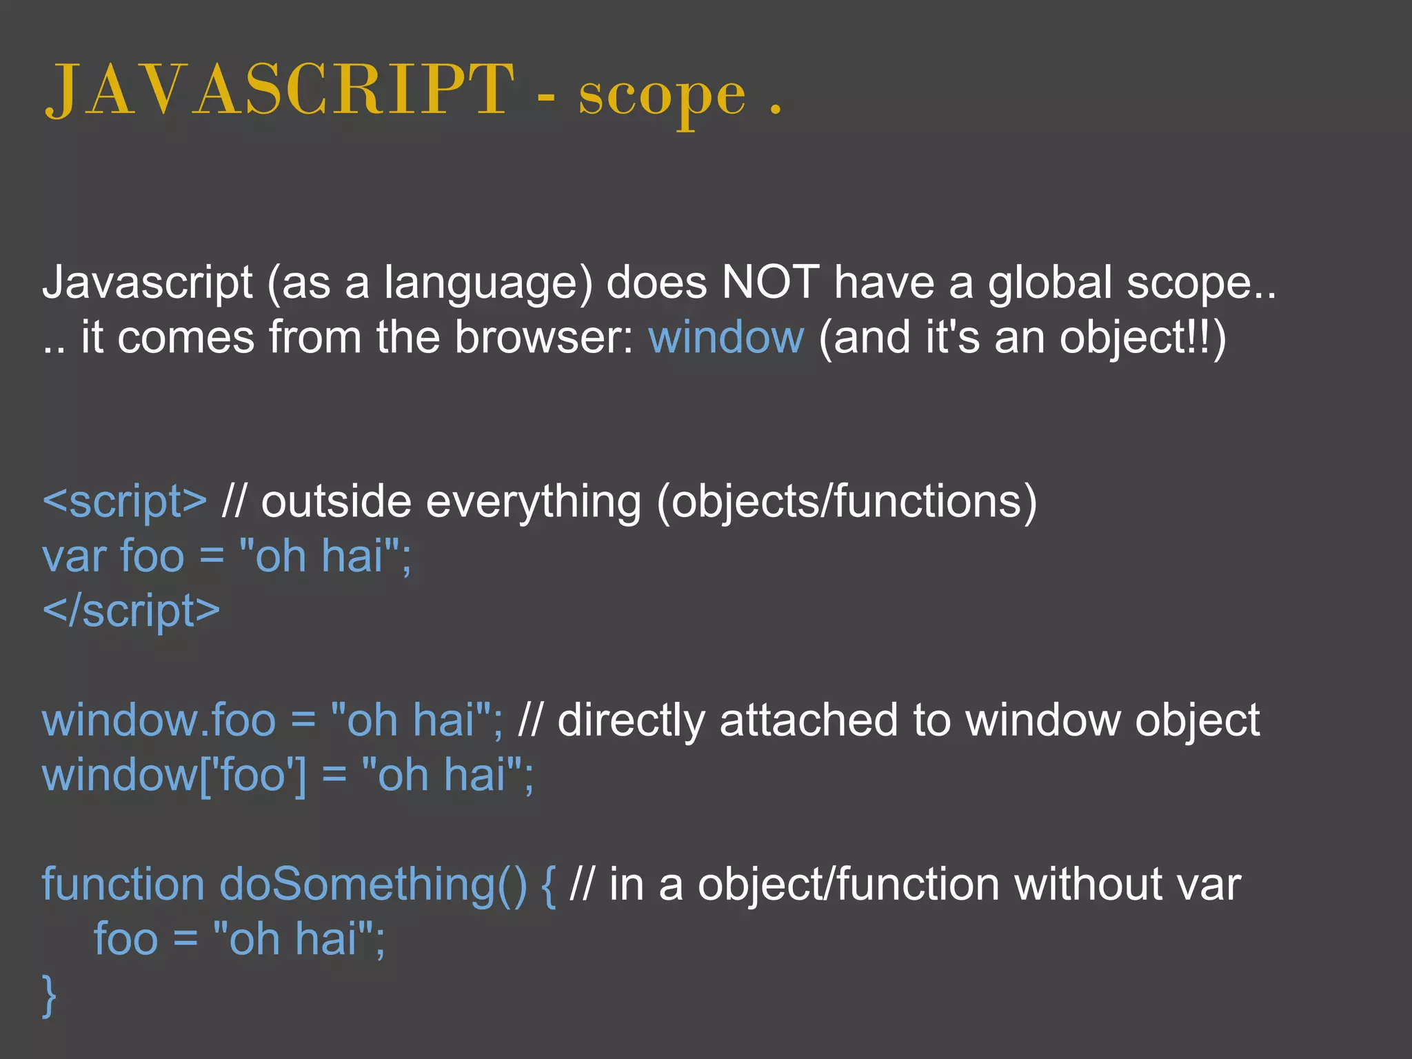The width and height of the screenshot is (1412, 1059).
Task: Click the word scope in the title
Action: (662, 97)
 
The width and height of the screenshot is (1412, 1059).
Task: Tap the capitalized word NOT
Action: (770, 283)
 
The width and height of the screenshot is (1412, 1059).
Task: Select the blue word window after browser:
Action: (726, 338)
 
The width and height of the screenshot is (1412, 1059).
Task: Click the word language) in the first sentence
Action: (488, 284)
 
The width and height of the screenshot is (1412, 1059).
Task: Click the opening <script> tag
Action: (125, 502)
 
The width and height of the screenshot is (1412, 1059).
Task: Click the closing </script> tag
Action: (131, 612)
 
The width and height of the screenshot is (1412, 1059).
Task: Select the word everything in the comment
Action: (534, 502)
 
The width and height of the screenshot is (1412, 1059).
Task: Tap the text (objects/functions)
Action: (847, 502)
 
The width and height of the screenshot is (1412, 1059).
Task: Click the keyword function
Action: (123, 885)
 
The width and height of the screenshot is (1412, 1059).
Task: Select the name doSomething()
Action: (373, 885)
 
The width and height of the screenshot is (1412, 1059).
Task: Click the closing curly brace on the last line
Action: (49, 995)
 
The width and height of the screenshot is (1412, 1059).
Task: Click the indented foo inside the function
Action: (125, 940)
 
